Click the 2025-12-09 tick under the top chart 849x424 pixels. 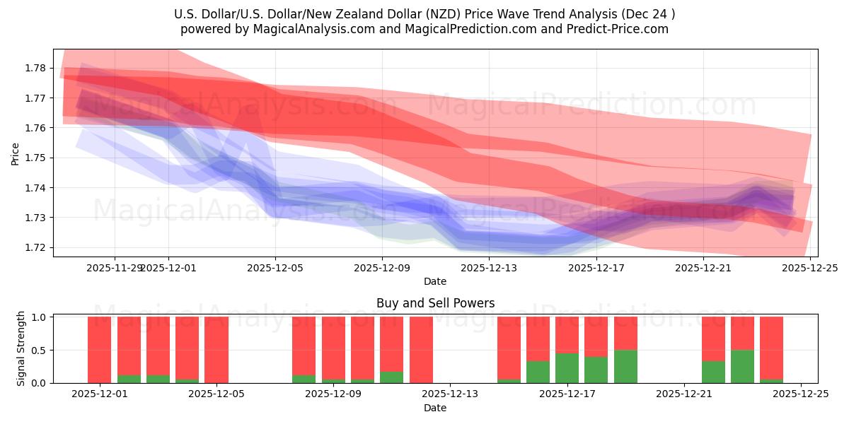coord(382,268)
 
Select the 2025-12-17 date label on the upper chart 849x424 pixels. coord(596,268)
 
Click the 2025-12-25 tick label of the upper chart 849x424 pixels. coord(810,268)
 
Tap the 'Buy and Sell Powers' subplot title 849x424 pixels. coord(435,303)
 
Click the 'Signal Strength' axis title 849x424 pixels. coord(21,348)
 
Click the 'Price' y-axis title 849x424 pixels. coord(16,153)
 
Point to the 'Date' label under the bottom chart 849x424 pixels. coord(435,408)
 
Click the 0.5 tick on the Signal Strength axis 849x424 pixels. coord(40,350)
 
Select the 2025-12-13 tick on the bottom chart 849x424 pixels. coord(450,394)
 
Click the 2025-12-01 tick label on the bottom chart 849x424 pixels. coord(100,394)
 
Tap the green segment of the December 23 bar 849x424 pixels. coord(742,366)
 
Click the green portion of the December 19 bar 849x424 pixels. coord(625,366)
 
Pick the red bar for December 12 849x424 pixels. coord(421,349)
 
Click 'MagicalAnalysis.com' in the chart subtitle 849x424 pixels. coord(289,29)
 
